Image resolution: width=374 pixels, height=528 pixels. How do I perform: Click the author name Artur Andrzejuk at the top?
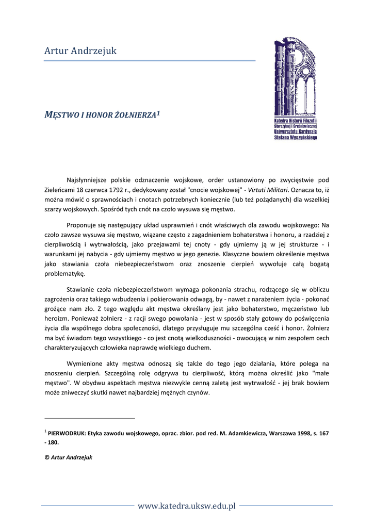tap(80, 51)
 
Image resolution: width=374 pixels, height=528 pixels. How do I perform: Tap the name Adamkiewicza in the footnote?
tap(245, 434)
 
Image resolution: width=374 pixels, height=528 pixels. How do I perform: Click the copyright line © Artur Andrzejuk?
tap(69, 457)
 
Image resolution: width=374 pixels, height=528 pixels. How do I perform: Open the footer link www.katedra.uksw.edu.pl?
tap(186, 506)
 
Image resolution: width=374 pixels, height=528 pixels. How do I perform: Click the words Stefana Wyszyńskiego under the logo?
tap(296, 138)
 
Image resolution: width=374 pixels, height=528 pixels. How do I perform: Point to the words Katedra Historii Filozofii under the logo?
tap(296, 120)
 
